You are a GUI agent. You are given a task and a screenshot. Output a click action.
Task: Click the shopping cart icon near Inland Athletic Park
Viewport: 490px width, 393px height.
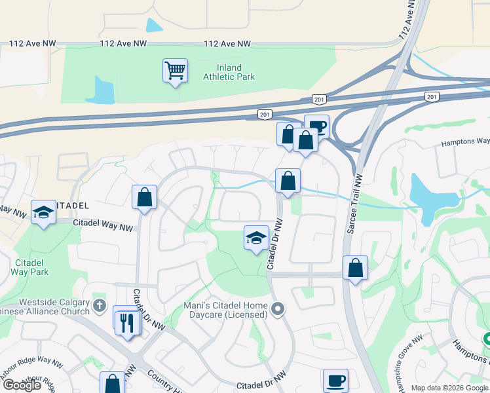pyautogui.click(x=175, y=69)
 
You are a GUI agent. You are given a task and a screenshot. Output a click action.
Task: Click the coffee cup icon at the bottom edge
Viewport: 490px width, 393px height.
pyautogui.click(x=335, y=380)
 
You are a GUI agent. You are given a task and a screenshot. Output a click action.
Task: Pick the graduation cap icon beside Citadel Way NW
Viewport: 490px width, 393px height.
pyautogui.click(x=43, y=212)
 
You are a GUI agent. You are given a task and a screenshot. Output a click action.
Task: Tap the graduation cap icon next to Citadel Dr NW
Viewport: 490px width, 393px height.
pyautogui.click(x=256, y=237)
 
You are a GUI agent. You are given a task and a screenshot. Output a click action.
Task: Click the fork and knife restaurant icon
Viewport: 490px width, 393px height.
pyautogui.click(x=127, y=322)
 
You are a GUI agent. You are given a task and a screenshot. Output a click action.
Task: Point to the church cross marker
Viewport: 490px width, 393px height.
pyautogui.click(x=99, y=305)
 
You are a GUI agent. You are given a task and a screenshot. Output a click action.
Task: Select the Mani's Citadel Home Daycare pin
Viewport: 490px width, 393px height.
pyautogui.click(x=278, y=308)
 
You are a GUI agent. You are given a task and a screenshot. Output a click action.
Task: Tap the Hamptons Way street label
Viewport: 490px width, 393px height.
pyautogui.click(x=465, y=141)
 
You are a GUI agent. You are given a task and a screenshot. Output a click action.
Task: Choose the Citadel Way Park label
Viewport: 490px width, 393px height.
pyautogui.click(x=30, y=267)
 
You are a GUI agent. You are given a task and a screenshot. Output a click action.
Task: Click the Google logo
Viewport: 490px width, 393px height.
pyautogui.click(x=22, y=385)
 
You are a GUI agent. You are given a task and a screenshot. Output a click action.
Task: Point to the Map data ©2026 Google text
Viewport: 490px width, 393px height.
pyautogui.click(x=450, y=388)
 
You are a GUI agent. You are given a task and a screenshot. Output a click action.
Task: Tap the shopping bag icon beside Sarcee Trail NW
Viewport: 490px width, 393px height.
pyautogui.click(x=354, y=268)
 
